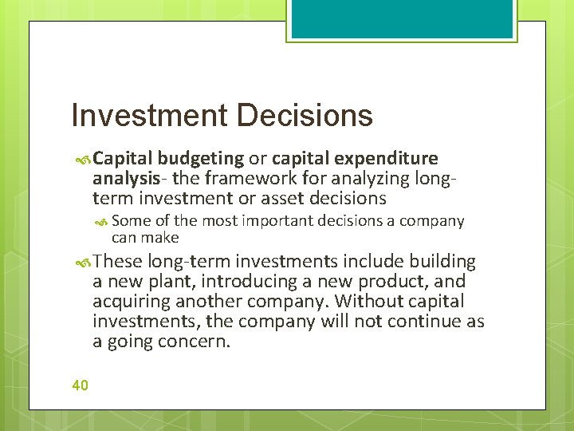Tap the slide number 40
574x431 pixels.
(x=80, y=386)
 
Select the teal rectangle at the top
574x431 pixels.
(x=402, y=18)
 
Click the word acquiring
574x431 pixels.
(x=130, y=302)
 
